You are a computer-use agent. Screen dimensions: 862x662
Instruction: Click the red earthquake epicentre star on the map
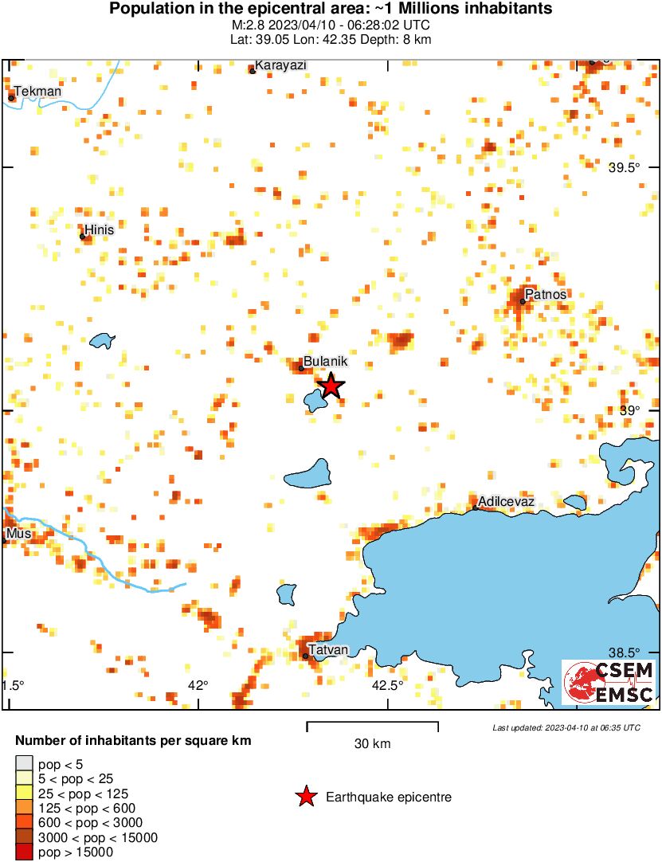331,386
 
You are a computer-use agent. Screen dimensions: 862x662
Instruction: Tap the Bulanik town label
326,362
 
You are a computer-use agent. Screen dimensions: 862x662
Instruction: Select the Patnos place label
546,295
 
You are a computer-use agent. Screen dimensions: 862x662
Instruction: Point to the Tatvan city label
328,650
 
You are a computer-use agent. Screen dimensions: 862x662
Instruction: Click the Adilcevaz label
506,501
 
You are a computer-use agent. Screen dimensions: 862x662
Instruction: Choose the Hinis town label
100,230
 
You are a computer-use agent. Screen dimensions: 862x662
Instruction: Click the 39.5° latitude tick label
625,168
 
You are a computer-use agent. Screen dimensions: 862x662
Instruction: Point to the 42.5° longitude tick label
388,685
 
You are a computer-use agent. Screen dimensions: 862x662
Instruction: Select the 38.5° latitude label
625,652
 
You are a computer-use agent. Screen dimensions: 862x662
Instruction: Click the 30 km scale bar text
372,744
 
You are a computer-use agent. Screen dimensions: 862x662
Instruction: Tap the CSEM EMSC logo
609,683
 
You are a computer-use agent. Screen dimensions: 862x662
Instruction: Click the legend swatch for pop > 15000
24,852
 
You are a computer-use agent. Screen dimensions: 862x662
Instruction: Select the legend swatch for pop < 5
24,765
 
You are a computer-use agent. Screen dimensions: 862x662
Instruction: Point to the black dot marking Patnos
523,301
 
